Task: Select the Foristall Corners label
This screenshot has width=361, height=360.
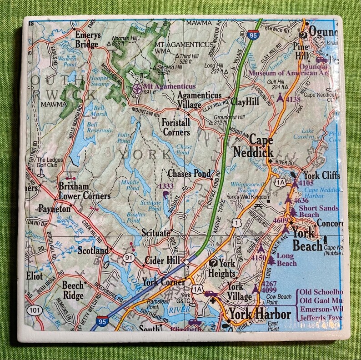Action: click(x=175, y=127)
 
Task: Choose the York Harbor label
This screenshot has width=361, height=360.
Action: click(x=260, y=314)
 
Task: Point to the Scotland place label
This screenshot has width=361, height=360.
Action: click(x=93, y=250)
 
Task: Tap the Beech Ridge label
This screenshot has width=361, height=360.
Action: click(x=73, y=290)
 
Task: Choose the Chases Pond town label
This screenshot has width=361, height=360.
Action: click(x=189, y=174)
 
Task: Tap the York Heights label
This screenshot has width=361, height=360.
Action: click(x=222, y=268)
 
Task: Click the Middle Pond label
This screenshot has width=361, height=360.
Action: click(x=130, y=185)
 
